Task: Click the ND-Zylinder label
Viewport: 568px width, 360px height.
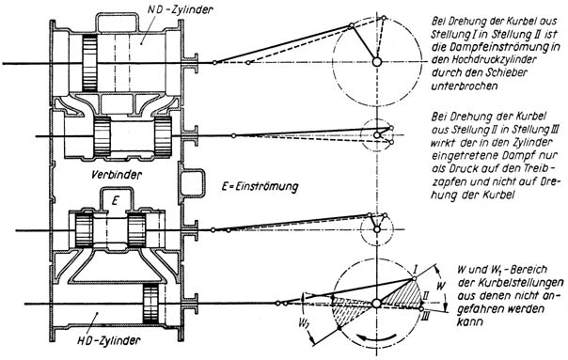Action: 180,9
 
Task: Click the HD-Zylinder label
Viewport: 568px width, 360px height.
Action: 109,341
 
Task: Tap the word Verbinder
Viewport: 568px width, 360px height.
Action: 117,175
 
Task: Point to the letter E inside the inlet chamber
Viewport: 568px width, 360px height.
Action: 115,200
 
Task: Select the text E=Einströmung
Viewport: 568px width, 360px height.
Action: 260,187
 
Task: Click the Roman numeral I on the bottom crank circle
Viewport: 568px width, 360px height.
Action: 416,269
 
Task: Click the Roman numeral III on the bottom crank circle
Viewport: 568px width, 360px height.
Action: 426,318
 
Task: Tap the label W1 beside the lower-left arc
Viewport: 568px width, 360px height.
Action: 304,323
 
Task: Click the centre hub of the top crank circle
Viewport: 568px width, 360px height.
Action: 377,62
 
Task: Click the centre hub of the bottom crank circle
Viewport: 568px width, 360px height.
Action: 377,304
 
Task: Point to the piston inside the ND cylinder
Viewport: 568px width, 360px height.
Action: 89,63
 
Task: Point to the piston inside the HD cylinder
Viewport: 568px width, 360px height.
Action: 150,304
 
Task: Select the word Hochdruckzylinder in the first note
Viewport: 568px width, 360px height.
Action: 483,59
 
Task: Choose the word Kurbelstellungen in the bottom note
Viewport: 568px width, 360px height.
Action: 511,283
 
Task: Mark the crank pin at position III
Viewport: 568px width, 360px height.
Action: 420,309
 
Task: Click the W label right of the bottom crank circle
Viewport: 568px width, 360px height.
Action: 440,286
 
